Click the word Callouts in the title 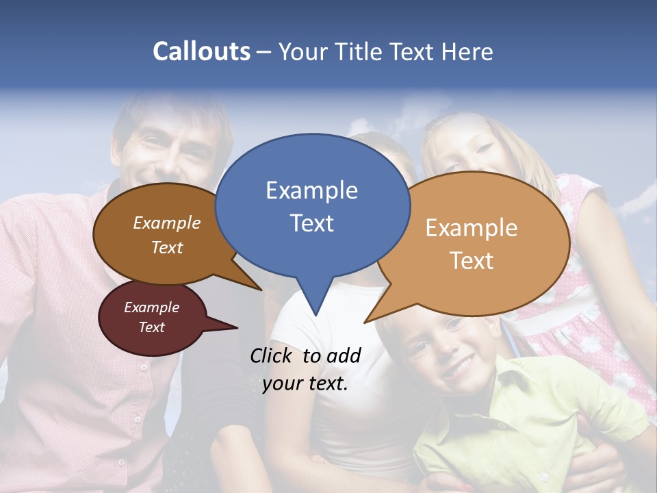(201, 51)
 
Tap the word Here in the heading (467, 51)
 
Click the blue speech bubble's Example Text (311, 206)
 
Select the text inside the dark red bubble (151, 317)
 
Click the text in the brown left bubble (167, 235)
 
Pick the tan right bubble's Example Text (472, 244)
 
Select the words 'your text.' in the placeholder (305, 383)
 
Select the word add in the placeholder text (344, 355)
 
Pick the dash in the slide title (264, 51)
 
